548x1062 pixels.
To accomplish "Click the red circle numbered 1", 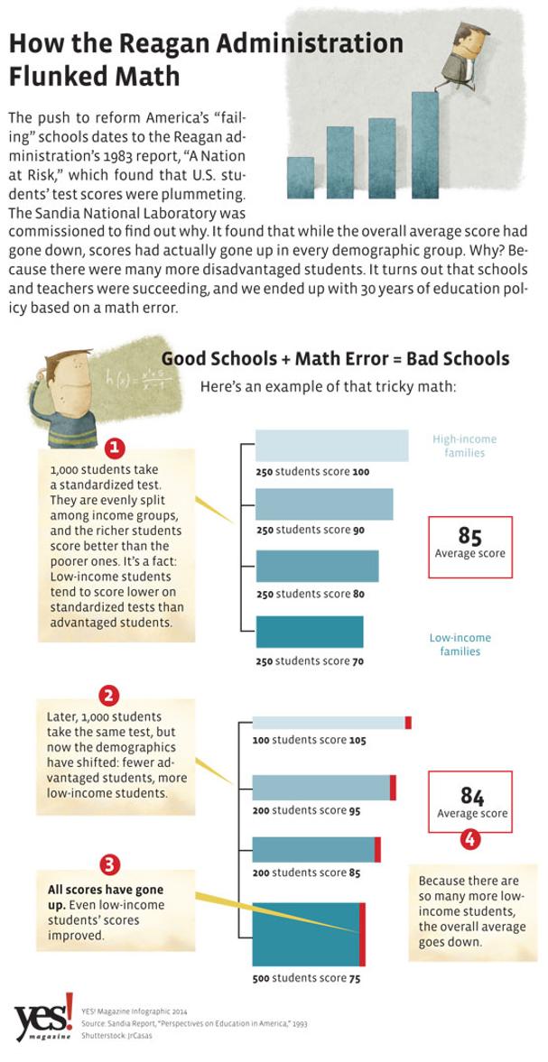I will point(115,448).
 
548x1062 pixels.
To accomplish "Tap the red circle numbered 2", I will point(109,695).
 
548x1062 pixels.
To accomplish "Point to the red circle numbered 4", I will point(470,839).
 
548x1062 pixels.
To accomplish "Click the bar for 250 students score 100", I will point(331,446).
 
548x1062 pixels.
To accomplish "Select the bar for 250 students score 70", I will point(309,632).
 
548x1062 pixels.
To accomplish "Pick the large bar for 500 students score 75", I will point(307,934).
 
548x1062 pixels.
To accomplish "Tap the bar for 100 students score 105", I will point(330,722).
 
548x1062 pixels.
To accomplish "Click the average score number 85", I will point(469,536).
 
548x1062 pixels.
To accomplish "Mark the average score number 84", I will point(472,795).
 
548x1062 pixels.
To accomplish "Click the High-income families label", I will point(464,446).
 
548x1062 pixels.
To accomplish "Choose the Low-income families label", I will point(460,644).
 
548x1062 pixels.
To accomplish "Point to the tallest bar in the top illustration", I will point(424,144).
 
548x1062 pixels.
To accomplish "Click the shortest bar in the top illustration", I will point(301,177).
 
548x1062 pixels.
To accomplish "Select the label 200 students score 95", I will point(306,810).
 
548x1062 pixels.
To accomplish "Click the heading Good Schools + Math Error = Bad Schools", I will point(335,358).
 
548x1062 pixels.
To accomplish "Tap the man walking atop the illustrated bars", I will point(463,58).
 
